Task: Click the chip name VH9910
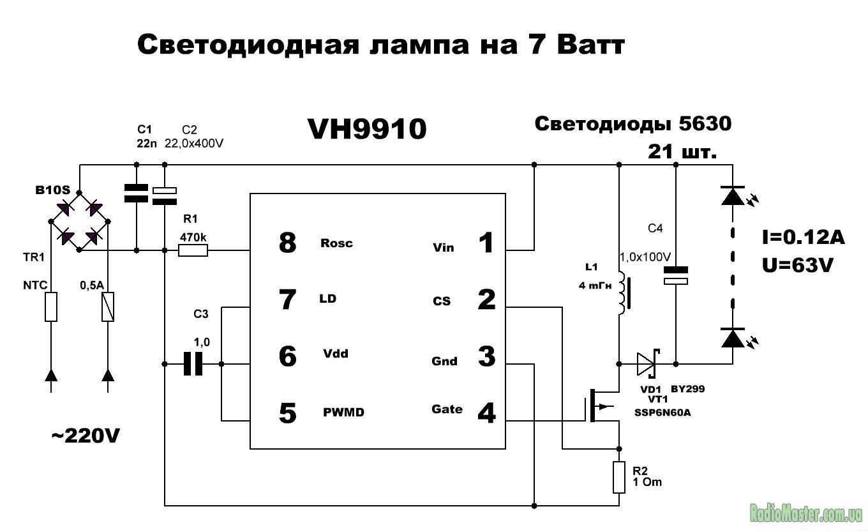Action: click(x=367, y=130)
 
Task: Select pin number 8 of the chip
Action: click(x=288, y=243)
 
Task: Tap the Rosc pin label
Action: click(x=336, y=243)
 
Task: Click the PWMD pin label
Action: click(x=343, y=413)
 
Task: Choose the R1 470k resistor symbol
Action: click(x=193, y=250)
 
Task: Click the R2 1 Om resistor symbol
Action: click(x=618, y=477)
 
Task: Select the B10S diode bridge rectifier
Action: click(x=80, y=221)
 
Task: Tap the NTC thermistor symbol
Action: click(x=51, y=307)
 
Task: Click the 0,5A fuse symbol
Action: click(x=108, y=307)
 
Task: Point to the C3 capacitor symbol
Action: click(x=192, y=364)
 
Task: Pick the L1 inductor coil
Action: click(x=622, y=296)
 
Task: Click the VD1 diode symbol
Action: click(x=647, y=365)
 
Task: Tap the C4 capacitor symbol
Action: click(x=675, y=275)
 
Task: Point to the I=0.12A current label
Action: click(x=803, y=238)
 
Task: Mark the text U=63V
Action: click(x=798, y=264)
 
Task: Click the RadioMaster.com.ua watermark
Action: click(x=806, y=513)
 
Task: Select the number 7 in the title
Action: click(x=538, y=46)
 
